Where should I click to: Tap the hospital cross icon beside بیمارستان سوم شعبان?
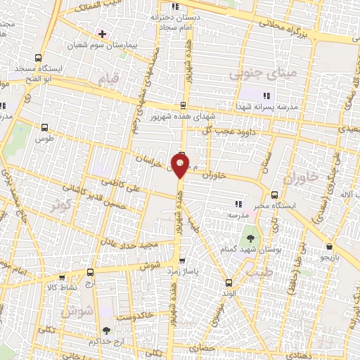coord(103,34)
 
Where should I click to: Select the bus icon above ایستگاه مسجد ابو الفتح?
coord(37,58)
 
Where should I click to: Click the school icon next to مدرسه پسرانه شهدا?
coord(268,95)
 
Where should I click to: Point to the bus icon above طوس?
coord(46,128)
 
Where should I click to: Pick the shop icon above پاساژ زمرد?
coord(163,259)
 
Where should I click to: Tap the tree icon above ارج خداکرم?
coord(106,330)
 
